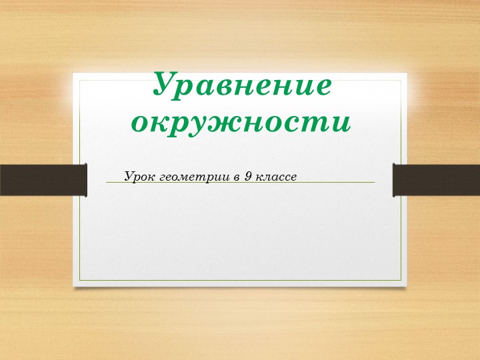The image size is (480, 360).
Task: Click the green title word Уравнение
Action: coord(242,85)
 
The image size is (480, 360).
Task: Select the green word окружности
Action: coord(241,122)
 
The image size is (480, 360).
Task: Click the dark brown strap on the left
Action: coord(43,180)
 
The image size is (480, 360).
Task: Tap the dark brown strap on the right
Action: coord(437,180)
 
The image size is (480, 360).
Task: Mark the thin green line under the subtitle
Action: coord(320,183)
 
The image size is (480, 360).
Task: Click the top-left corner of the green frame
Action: coord(80,81)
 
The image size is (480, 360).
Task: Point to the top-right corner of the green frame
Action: coord(401,81)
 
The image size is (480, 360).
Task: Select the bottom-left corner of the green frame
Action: coord(80,280)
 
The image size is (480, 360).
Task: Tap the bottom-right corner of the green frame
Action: coord(401,280)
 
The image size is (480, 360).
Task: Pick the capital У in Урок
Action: coord(129,177)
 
